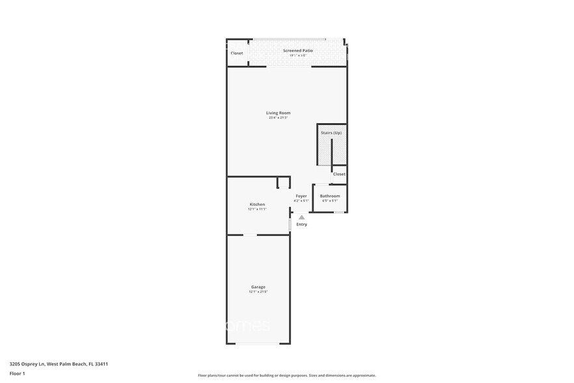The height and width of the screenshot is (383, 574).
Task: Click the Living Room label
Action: (278, 113)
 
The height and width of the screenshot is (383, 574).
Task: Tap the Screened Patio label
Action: (297, 50)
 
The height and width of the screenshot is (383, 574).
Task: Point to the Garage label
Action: (258, 287)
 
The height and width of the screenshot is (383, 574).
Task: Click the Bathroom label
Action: (329, 195)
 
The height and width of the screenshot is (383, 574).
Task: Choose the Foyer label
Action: (301, 195)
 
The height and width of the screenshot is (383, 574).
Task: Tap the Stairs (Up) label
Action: (331, 133)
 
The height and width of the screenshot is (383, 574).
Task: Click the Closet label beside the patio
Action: (237, 53)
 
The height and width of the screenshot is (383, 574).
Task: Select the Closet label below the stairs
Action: (339, 174)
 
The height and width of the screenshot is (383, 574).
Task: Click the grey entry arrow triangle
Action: (301, 218)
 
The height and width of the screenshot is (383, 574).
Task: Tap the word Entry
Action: (301, 225)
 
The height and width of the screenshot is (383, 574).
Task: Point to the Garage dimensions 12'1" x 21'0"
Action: (258, 292)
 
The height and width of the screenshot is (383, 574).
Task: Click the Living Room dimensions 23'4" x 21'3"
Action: (278, 118)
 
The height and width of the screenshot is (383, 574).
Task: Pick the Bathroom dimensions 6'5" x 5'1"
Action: (329, 201)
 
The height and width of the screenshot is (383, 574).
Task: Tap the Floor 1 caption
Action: (17, 373)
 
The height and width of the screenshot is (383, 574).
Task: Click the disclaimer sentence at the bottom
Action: (286, 375)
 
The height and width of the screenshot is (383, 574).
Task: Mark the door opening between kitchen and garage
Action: (250, 234)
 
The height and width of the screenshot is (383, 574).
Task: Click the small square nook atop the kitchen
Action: (283, 182)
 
